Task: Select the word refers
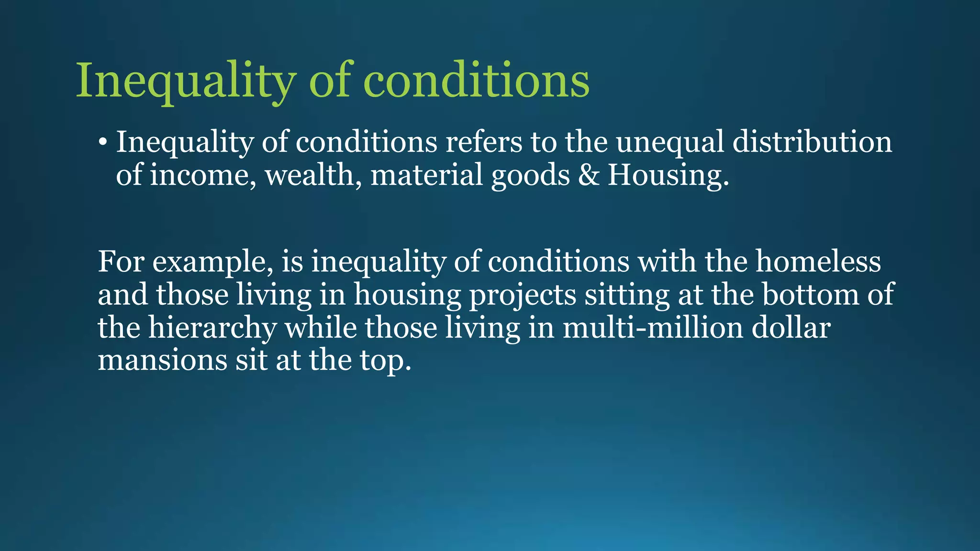pos(483,142)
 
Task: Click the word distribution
pos(812,142)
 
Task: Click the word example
pos(212,262)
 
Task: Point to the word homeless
pos(818,262)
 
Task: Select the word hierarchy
pos(212,328)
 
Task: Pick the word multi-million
pos(653,328)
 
